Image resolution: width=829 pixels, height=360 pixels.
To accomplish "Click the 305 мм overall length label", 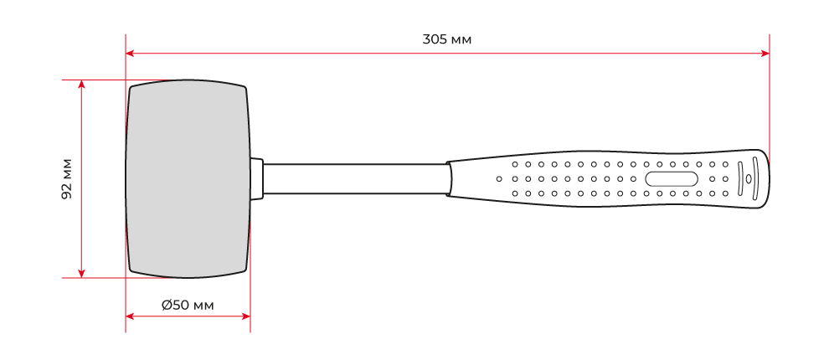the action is [x=447, y=39].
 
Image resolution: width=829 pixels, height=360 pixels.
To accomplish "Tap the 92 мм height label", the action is [x=67, y=178].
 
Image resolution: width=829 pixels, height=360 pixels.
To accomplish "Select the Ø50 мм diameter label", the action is [x=188, y=305].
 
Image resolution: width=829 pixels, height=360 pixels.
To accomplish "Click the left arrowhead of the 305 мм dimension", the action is [x=129, y=53].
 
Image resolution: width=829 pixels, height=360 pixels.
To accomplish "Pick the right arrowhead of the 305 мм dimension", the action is [x=765, y=53].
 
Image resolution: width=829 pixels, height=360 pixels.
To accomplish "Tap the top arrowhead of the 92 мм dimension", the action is [x=81, y=84].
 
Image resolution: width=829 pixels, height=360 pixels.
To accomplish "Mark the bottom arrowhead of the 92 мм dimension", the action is [x=81, y=273].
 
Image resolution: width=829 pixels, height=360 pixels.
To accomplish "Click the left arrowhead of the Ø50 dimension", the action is [x=129, y=316].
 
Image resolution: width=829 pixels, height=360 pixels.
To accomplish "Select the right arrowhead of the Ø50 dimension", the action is [x=246, y=316].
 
